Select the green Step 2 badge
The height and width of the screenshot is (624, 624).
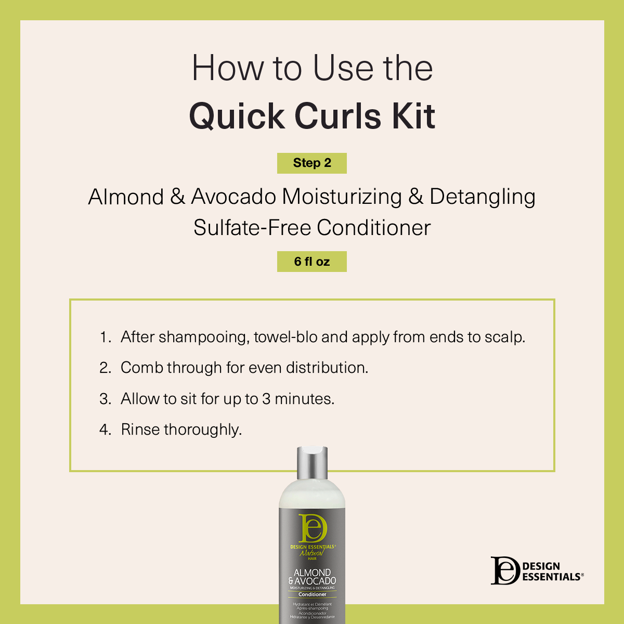312,163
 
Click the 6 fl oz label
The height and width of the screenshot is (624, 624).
312,262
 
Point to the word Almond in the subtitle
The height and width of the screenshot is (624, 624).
126,197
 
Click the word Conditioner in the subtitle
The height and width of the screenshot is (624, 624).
374,228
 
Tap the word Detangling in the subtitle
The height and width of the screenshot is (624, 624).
482,197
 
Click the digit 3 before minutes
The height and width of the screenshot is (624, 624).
266,399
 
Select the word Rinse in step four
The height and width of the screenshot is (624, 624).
140,430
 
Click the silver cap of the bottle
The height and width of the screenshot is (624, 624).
313,463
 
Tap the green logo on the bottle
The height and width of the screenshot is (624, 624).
313,528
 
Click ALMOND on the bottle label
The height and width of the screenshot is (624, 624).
313,573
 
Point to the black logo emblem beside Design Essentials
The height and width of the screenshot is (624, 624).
505,571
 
